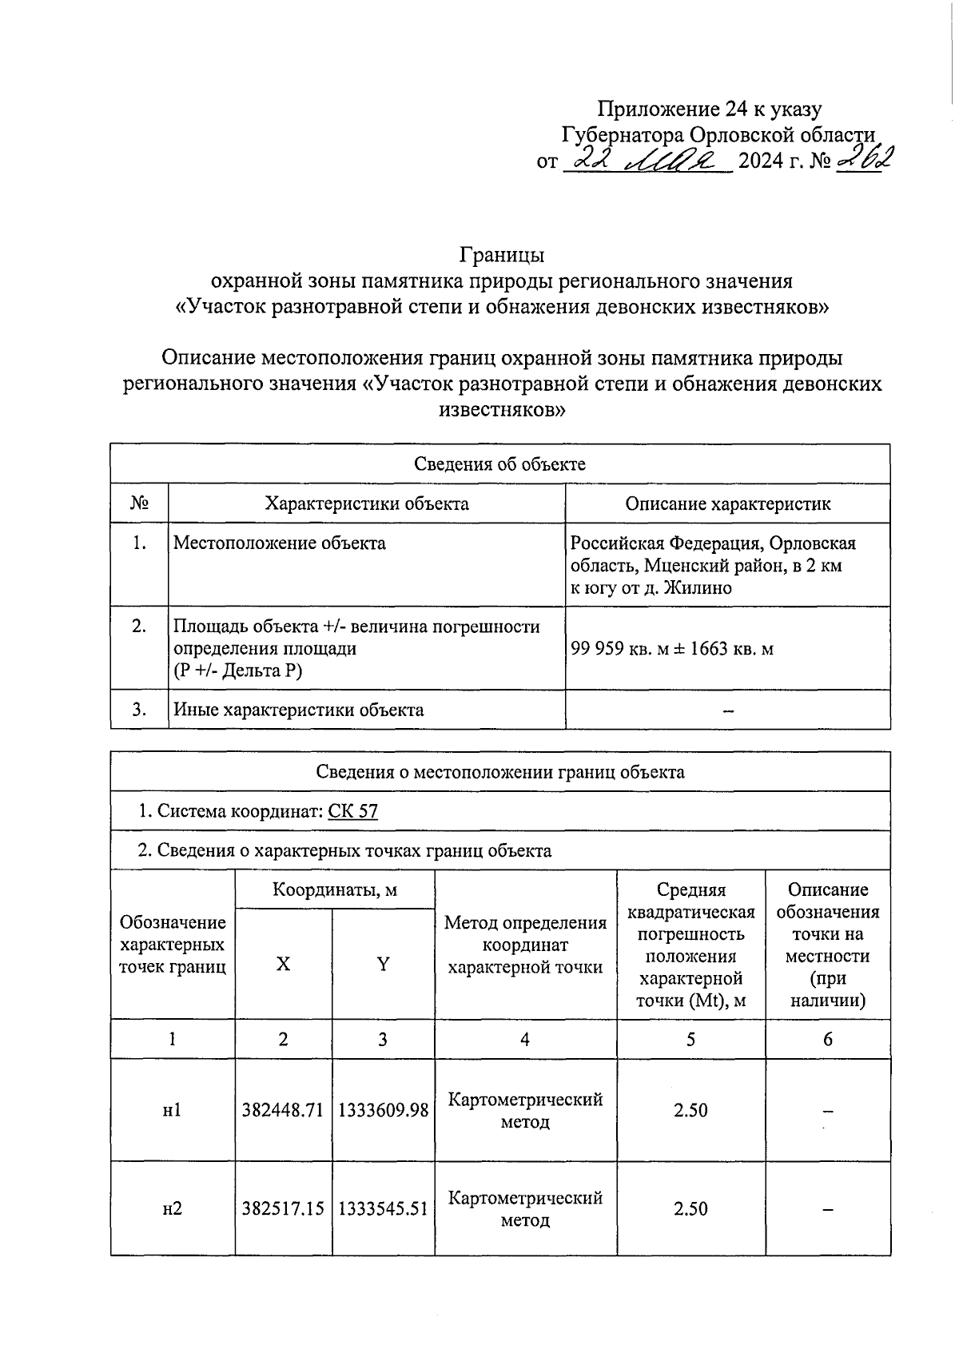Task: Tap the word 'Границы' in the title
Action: (x=501, y=255)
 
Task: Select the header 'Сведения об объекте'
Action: (x=499, y=464)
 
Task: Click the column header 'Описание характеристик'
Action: (x=727, y=503)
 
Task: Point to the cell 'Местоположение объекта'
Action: (x=280, y=543)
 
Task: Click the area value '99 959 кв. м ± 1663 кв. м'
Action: (x=671, y=648)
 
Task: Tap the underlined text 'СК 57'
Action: (x=352, y=811)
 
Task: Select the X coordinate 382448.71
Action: (x=283, y=1110)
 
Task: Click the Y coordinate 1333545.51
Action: (x=384, y=1208)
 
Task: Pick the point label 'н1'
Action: (x=172, y=1110)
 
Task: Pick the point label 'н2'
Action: (x=172, y=1208)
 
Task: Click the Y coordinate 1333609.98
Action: (x=384, y=1110)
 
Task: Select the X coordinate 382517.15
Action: (x=283, y=1208)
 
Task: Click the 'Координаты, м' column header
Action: (x=334, y=889)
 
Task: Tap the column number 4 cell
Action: (x=525, y=1039)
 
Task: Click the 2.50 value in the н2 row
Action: (x=690, y=1208)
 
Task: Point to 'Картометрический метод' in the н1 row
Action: (x=525, y=1110)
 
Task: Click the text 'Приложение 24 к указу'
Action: (x=710, y=109)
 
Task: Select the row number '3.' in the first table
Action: (x=139, y=710)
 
